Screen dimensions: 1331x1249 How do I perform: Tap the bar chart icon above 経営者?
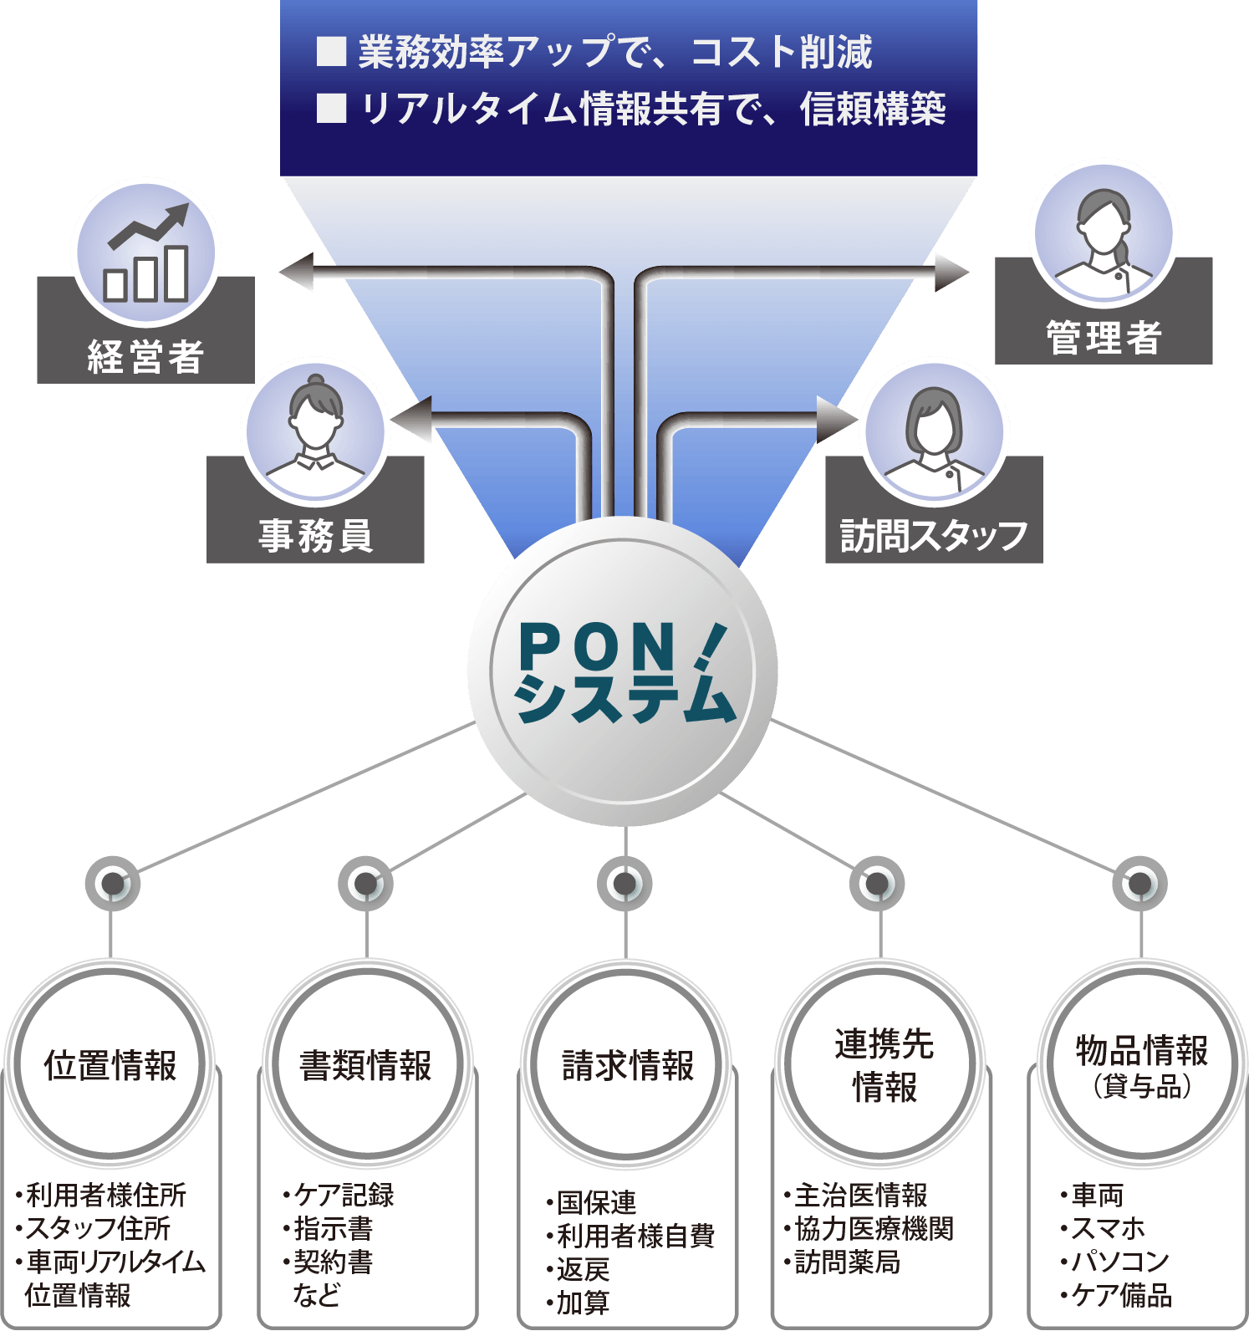click(146, 252)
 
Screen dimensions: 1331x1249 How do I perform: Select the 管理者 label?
click(1104, 338)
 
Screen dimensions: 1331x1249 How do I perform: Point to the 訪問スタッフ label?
click(934, 536)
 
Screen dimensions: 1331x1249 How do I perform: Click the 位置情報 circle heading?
click(110, 1065)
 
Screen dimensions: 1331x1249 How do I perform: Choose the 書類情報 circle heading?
click(366, 1065)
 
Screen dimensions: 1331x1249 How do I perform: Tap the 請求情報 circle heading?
click(628, 1065)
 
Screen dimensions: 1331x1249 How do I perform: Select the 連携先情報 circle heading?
click(884, 1065)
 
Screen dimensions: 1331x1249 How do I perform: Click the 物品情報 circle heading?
click(1141, 1062)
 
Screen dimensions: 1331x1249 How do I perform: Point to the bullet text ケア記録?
click(344, 1195)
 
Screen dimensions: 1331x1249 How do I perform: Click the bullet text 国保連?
click(596, 1202)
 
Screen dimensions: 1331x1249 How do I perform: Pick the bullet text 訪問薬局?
click(847, 1262)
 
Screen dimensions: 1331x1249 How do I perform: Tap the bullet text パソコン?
click(1119, 1261)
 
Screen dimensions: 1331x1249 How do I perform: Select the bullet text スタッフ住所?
click(98, 1228)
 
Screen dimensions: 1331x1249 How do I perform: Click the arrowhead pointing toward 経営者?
click(296, 273)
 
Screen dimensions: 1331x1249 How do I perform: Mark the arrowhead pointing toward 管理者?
click(951, 272)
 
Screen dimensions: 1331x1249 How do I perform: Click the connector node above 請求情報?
click(624, 883)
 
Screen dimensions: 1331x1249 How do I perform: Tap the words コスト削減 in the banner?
click(781, 52)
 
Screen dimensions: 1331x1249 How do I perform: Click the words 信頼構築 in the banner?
click(873, 109)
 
